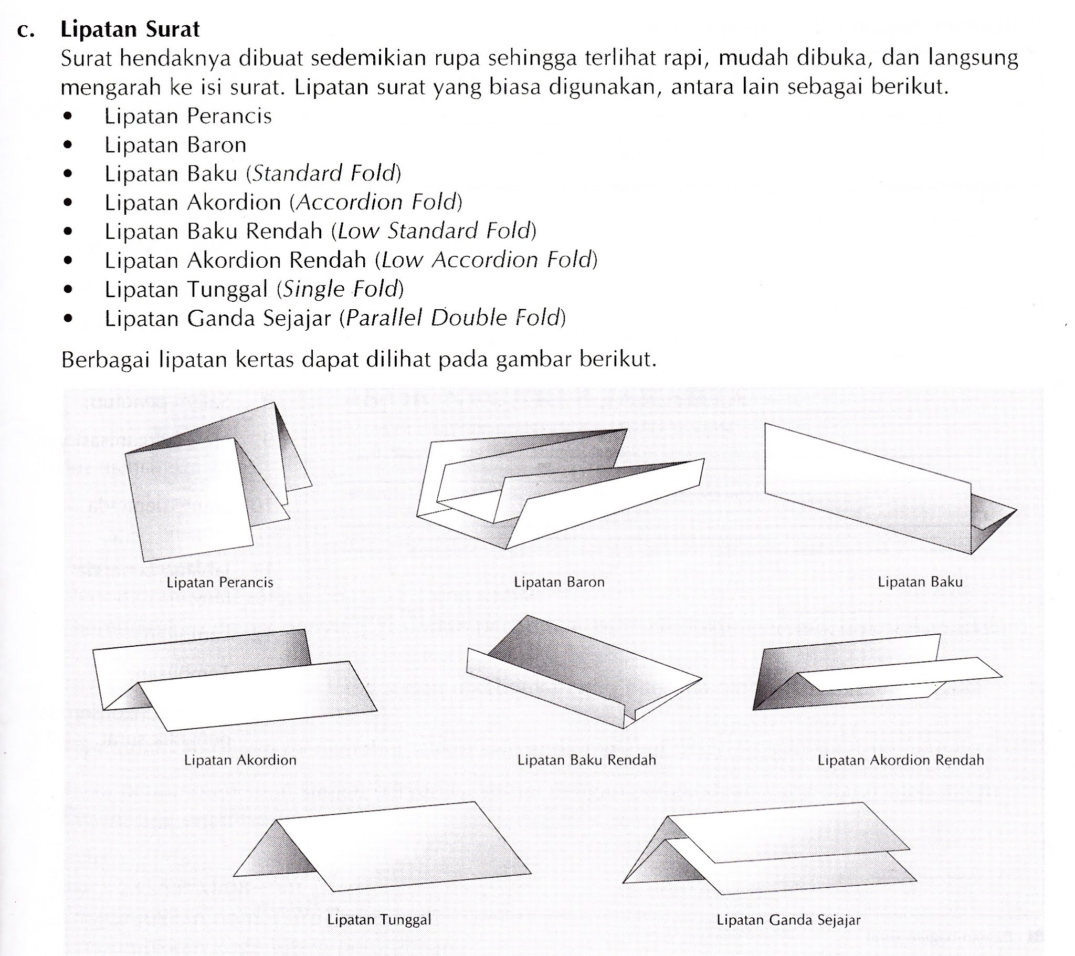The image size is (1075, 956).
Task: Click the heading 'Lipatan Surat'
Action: (x=130, y=29)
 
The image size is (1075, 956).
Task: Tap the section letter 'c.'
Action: (x=25, y=30)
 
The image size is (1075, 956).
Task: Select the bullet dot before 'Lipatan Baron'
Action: (x=67, y=145)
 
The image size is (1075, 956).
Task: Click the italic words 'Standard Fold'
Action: (x=323, y=174)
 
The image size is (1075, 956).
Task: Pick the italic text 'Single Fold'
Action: (x=340, y=289)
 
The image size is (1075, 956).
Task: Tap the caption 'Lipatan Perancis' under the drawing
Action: (x=220, y=582)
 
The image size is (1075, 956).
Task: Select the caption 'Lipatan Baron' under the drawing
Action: (x=559, y=582)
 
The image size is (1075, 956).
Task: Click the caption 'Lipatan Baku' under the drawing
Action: (x=920, y=582)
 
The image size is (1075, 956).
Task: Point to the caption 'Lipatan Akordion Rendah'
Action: (x=900, y=760)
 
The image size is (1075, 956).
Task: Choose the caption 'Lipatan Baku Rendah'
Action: (x=586, y=760)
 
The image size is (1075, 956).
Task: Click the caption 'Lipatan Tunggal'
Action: (x=378, y=920)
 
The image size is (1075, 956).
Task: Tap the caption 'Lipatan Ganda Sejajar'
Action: (x=788, y=920)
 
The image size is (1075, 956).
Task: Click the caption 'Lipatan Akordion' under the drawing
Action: (x=240, y=760)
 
